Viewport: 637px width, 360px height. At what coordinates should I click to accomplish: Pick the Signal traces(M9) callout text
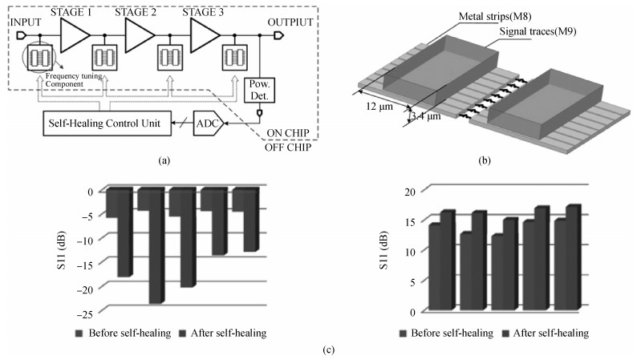[x=535, y=32]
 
